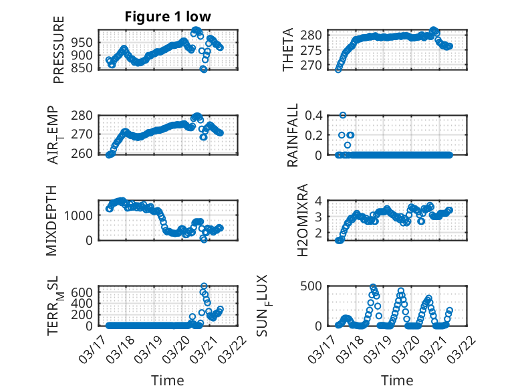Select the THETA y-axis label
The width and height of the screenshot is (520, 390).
click(288, 50)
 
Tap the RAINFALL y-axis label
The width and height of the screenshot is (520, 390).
click(292, 135)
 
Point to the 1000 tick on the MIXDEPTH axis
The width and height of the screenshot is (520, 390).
click(81, 215)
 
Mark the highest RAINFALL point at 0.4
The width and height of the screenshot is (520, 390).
click(343, 115)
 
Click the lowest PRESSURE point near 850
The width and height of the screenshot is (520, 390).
click(204, 69)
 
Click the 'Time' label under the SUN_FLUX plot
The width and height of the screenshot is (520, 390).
click(396, 380)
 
